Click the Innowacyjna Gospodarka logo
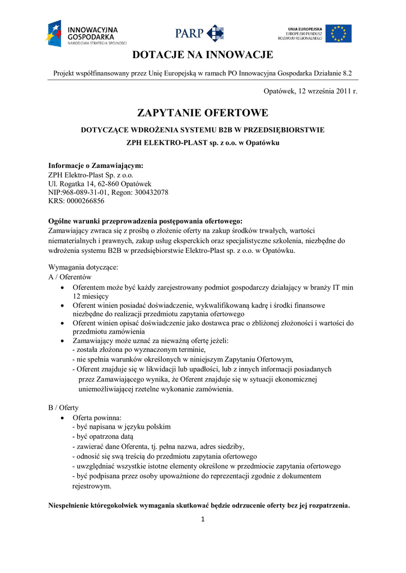(87, 33)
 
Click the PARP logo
(199, 33)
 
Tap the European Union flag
(339, 33)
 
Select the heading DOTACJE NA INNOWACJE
(203, 55)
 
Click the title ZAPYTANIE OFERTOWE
(203, 113)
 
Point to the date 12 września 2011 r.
(326, 91)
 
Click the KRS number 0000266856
(85, 201)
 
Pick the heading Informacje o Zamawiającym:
(96, 165)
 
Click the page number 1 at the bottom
(203, 519)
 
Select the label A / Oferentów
(70, 277)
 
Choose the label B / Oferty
(63, 407)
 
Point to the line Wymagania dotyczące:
(83, 267)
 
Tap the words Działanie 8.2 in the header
(332, 73)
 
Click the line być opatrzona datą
(103, 436)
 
